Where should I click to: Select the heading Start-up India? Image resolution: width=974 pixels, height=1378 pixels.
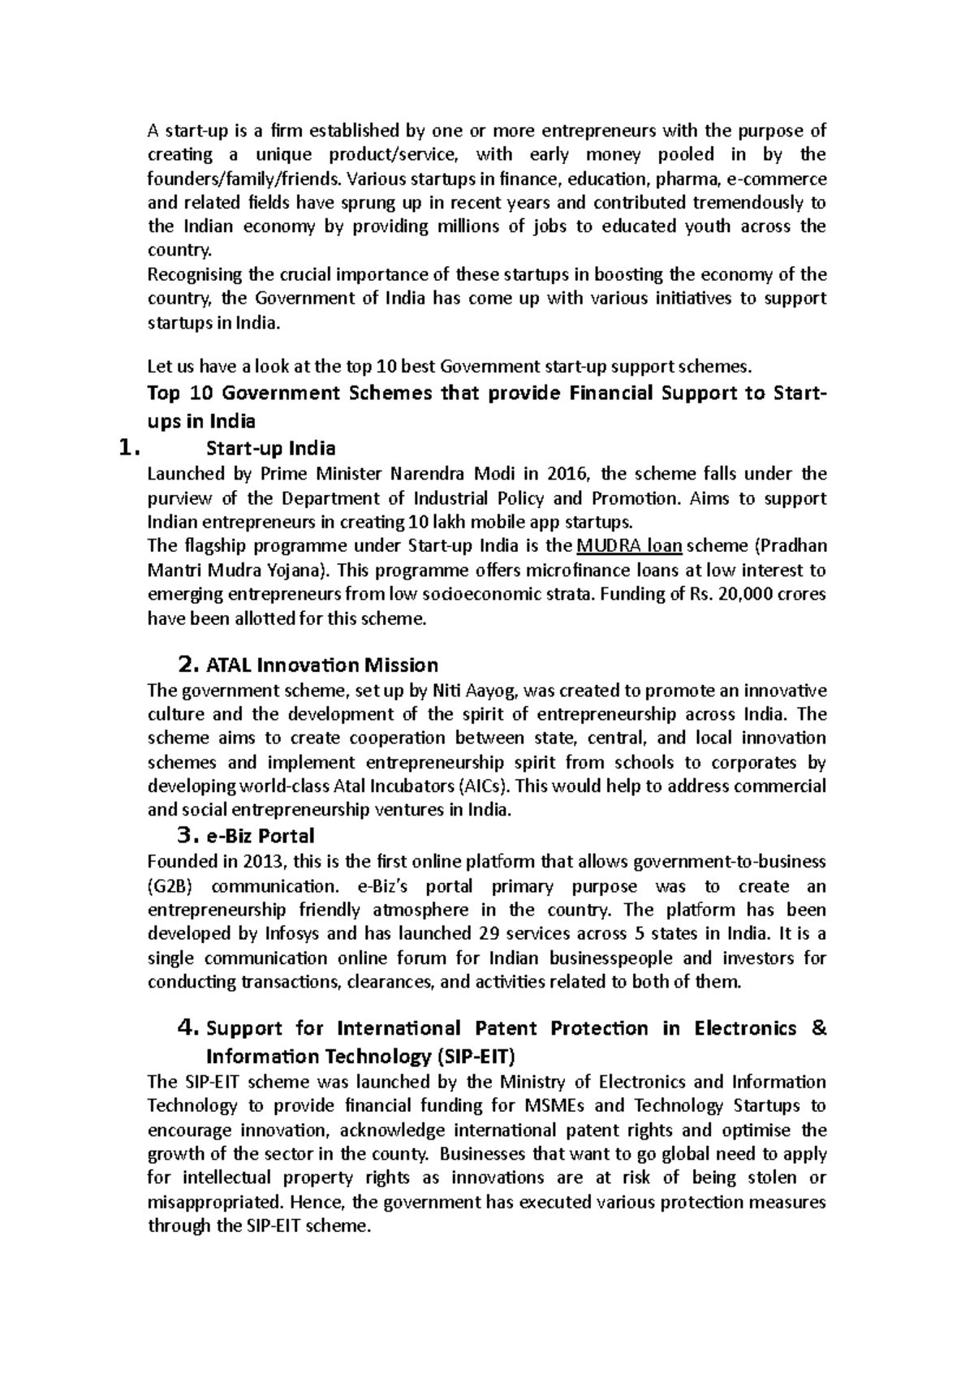271,449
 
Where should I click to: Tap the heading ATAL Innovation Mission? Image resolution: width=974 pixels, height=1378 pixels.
322,665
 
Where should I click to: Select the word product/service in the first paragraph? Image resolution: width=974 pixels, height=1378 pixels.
394,154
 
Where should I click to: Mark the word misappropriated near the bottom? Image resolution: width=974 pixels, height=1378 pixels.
215,1202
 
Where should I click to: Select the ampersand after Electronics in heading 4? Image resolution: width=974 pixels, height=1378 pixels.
818,1028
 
